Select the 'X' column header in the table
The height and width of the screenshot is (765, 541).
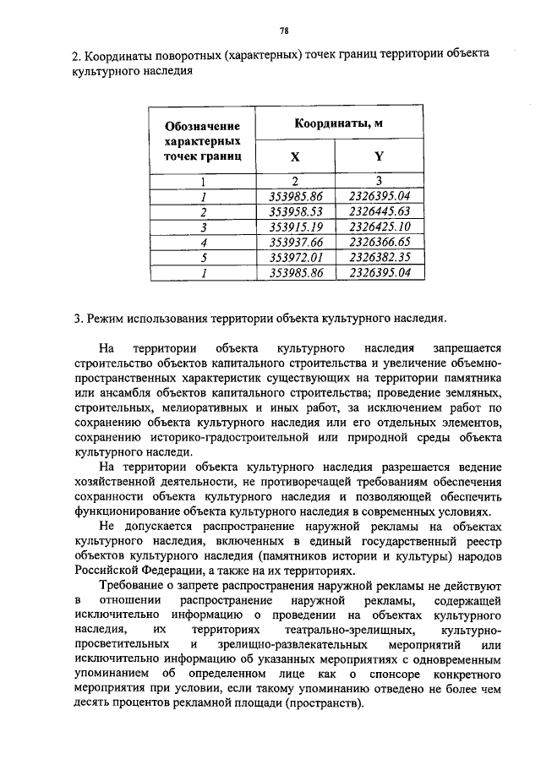pyautogui.click(x=295, y=156)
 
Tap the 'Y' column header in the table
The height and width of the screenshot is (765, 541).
pyautogui.click(x=379, y=156)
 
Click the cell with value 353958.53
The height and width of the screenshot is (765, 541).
pyautogui.click(x=296, y=211)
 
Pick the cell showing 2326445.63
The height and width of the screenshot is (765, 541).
pyautogui.click(x=380, y=211)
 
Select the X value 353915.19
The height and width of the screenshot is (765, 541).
pyautogui.click(x=296, y=227)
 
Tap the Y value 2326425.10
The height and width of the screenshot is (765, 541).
pyautogui.click(x=380, y=227)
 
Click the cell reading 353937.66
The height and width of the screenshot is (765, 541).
pyautogui.click(x=296, y=242)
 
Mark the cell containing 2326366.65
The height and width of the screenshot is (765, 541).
pyautogui.click(x=380, y=242)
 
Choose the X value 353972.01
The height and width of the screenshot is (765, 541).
pyautogui.click(x=296, y=257)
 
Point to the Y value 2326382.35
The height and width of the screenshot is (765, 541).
pyautogui.click(x=380, y=257)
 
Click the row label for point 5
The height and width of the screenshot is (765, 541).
pyautogui.click(x=203, y=257)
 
